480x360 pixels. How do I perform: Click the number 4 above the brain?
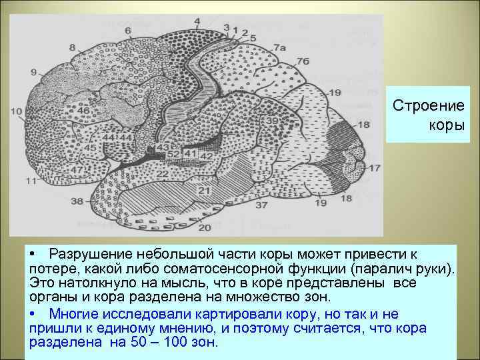pyautogui.click(x=197, y=21)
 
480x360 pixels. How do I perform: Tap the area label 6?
pyautogui.click(x=127, y=31)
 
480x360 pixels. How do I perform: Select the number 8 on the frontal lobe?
pyautogui.click(x=72, y=47)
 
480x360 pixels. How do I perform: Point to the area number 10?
pyautogui.click(x=16, y=111)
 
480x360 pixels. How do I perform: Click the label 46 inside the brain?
pyautogui.click(x=83, y=110)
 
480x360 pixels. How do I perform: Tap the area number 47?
pyautogui.click(x=77, y=170)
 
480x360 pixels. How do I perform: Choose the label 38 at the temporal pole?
pyautogui.click(x=77, y=201)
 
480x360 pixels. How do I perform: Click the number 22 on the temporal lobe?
pyautogui.click(x=162, y=174)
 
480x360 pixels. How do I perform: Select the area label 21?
pyautogui.click(x=203, y=191)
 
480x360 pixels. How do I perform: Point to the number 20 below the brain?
pyautogui.click(x=205, y=227)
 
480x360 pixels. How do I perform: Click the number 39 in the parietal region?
pyautogui.click(x=273, y=121)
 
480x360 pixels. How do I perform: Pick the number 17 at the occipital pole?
pyautogui.click(x=375, y=168)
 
